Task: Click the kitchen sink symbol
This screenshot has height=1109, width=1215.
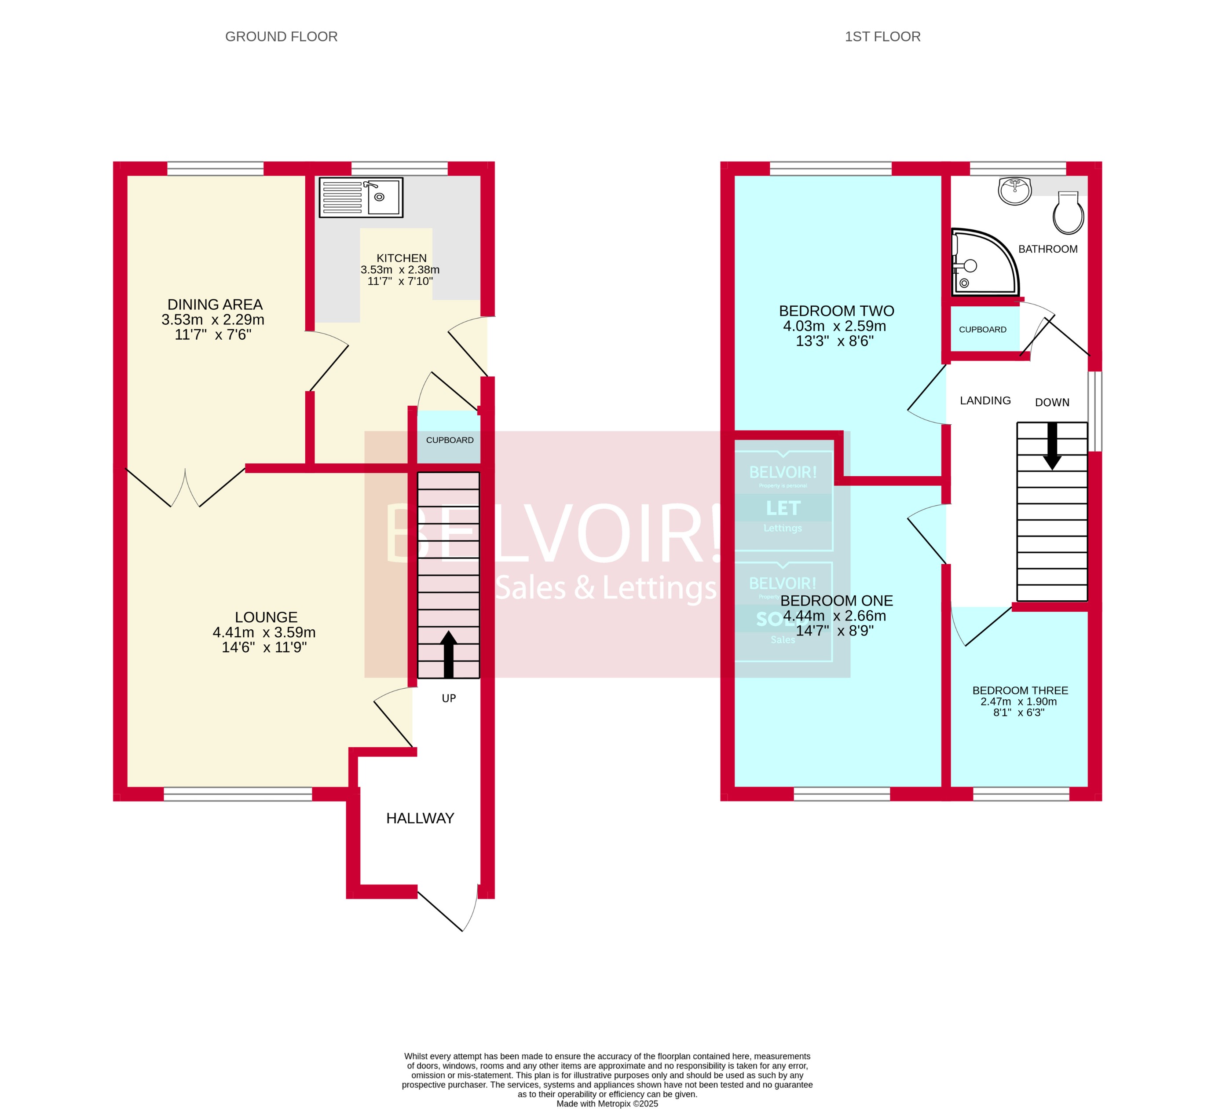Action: [x=360, y=197]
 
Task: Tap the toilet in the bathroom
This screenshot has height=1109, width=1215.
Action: [x=1068, y=213]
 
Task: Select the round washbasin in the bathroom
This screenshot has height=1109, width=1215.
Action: [x=1016, y=191]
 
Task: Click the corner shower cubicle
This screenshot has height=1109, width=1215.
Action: [x=982, y=263]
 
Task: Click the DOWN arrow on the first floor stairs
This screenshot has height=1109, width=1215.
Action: [x=1052, y=446]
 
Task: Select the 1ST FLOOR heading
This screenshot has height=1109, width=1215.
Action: [x=882, y=37]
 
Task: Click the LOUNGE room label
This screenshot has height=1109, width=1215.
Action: [x=266, y=617]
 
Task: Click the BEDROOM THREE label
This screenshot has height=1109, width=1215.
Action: [x=1020, y=690]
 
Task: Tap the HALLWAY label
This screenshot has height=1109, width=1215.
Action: [x=420, y=819]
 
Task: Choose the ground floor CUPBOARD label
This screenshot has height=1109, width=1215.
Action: [x=450, y=440]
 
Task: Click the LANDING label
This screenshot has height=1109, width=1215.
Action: [x=985, y=400]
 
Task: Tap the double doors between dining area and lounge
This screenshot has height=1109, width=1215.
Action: [x=185, y=487]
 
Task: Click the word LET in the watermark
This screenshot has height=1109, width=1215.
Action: [x=783, y=508]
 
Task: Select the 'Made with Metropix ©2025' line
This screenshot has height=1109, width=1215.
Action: [x=607, y=1104]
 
